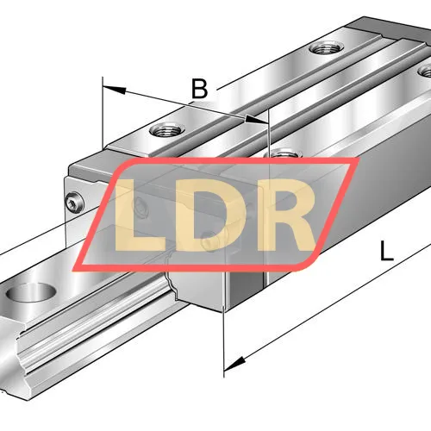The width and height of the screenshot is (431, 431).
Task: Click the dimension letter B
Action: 200,89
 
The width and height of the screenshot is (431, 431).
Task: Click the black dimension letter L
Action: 386,251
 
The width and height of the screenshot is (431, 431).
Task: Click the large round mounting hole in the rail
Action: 31,292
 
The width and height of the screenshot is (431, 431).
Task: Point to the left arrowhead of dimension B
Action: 115,90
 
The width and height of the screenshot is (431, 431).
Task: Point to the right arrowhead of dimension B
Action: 256,119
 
